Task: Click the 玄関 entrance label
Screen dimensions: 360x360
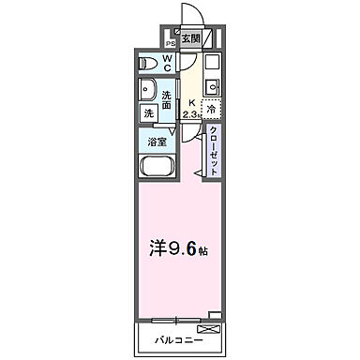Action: point(190,38)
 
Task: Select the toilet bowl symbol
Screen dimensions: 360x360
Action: point(148,64)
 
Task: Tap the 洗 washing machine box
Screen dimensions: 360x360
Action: point(148,113)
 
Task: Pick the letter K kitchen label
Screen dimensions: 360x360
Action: point(191,103)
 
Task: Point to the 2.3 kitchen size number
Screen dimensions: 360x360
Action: point(192,114)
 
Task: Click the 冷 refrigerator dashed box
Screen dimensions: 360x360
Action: point(211,108)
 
